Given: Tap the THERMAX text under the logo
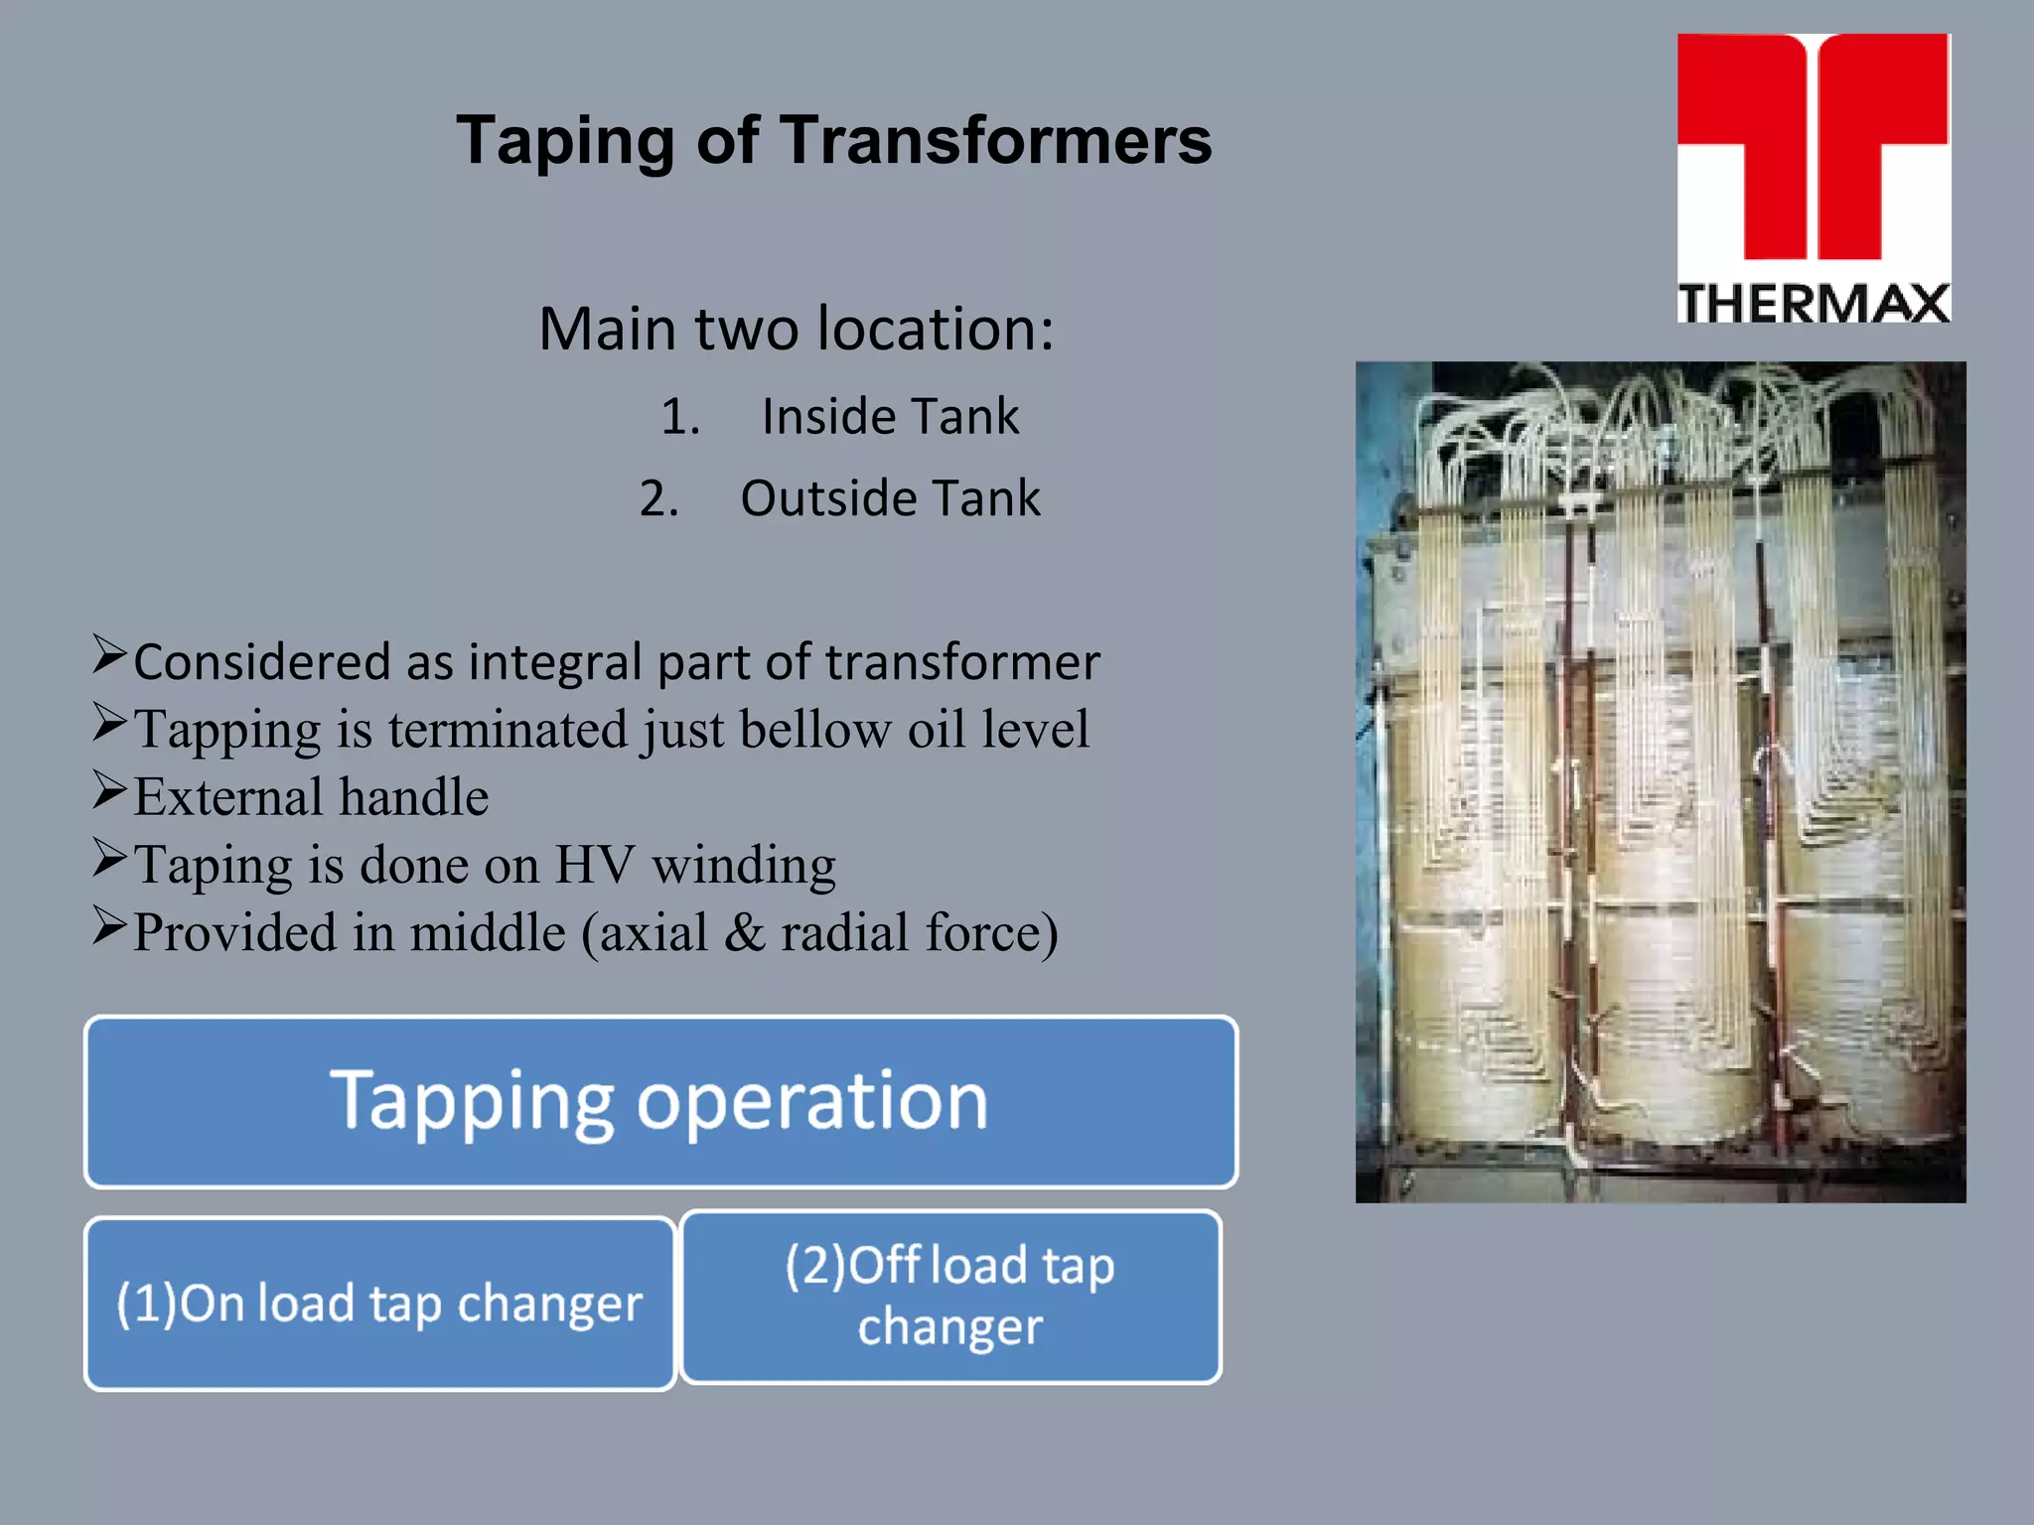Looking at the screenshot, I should point(1814,303).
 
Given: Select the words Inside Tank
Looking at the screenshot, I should point(890,416).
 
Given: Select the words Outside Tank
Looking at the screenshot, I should point(890,498).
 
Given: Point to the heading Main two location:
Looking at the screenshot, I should point(796,329).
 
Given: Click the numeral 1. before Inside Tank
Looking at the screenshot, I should point(680,417).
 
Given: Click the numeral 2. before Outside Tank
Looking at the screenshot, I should point(658,498).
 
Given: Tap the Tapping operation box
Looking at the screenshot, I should point(660,1101).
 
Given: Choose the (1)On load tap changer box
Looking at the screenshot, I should point(380,1303).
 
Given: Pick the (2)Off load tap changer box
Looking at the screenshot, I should point(950,1296).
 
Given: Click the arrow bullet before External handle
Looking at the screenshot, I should point(109,790).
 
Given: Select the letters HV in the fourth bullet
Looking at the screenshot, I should point(593,865).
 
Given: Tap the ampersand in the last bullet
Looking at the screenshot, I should point(744,933).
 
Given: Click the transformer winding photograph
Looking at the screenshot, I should point(1660,781).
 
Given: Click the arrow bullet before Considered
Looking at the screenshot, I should point(109,655).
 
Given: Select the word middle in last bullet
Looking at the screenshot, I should point(488,933).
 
